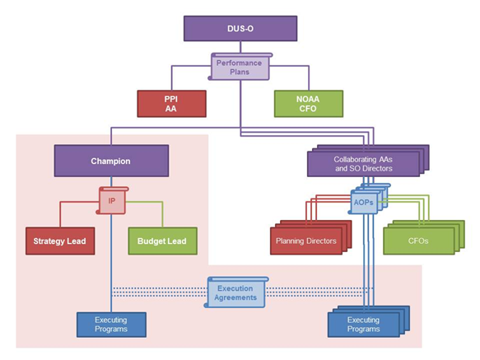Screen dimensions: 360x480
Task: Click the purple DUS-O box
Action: (x=240, y=27)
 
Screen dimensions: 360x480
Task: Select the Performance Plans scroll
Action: (x=240, y=66)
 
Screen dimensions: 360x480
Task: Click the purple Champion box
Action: (x=111, y=161)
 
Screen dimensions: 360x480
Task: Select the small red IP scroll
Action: (x=111, y=201)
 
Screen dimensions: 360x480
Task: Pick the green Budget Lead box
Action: (x=162, y=241)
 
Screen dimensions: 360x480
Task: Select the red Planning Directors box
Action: (x=305, y=241)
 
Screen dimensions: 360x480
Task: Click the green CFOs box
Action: (x=417, y=241)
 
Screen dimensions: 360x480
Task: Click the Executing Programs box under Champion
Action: (x=111, y=323)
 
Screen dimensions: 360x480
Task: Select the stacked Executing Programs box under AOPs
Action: (x=362, y=323)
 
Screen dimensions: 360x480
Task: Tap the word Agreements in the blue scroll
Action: (x=235, y=297)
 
